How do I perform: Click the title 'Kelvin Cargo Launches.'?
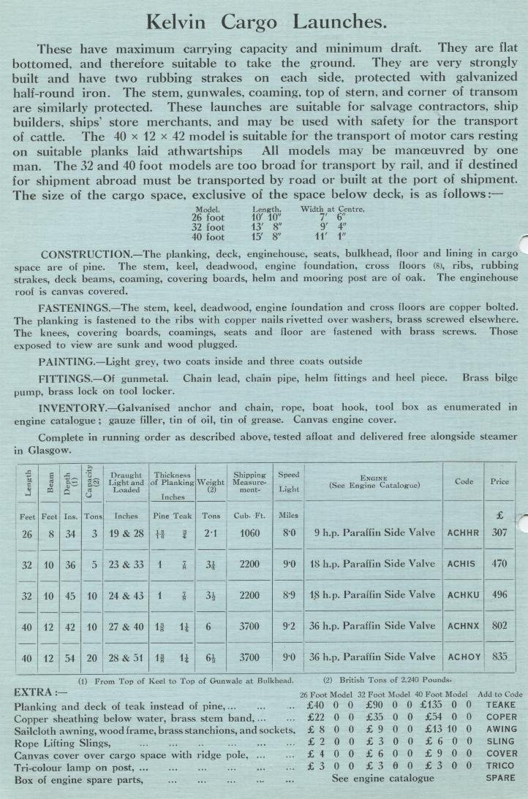pos(266,22)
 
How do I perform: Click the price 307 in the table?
pos(499,532)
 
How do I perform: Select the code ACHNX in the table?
pos(463,626)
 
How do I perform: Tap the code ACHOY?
pos(463,657)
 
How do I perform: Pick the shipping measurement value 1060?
pos(249,533)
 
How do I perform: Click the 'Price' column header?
pos(499,481)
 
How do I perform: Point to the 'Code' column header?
pos(463,481)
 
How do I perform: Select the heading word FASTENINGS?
pos(77,307)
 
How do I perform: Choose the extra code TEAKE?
pos(500,705)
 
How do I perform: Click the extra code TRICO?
pos(500,766)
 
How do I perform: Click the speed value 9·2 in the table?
pos(289,626)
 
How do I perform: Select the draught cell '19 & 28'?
pos(126,533)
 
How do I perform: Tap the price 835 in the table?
pos(499,657)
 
